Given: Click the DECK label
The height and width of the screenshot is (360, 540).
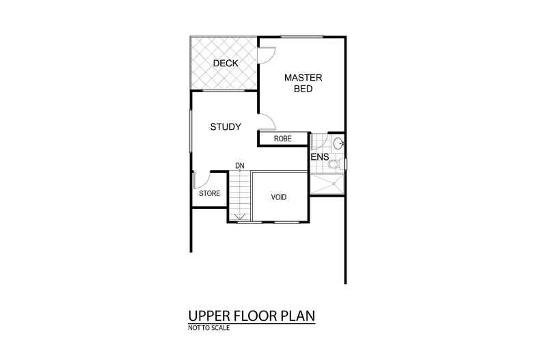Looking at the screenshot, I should coord(225,64).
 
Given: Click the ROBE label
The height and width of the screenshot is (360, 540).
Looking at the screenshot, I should coord(282,139).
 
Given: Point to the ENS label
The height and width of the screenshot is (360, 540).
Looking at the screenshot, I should coord(320,157).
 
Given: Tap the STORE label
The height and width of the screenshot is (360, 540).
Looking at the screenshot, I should coord(209,193).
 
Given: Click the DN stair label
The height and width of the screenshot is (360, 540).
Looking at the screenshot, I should coord(240,165).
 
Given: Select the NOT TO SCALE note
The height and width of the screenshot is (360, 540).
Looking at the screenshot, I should coord(209,329).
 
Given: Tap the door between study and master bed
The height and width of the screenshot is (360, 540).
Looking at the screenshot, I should coord(267,122).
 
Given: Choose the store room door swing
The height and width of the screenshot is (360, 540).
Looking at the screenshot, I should coord(200,180).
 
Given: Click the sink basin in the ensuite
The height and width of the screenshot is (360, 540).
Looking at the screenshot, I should coord(338,143).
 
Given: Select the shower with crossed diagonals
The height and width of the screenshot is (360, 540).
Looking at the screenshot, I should coord(327,184).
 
